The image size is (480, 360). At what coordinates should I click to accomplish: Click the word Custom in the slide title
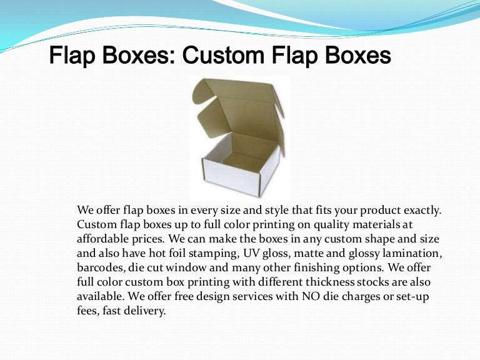pos(217,57)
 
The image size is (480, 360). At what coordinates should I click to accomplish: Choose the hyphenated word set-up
pos(416,296)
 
